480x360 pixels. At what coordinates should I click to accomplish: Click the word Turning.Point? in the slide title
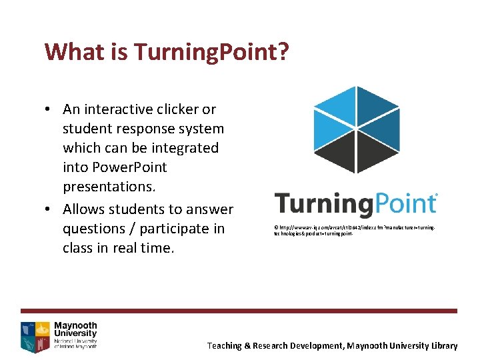click(x=212, y=52)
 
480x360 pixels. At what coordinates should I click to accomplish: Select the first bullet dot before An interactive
click(x=49, y=109)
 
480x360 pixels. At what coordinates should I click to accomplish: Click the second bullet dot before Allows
click(x=49, y=209)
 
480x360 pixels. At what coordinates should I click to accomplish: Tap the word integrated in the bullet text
click(x=183, y=147)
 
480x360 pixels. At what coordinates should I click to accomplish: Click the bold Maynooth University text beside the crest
click(x=75, y=329)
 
